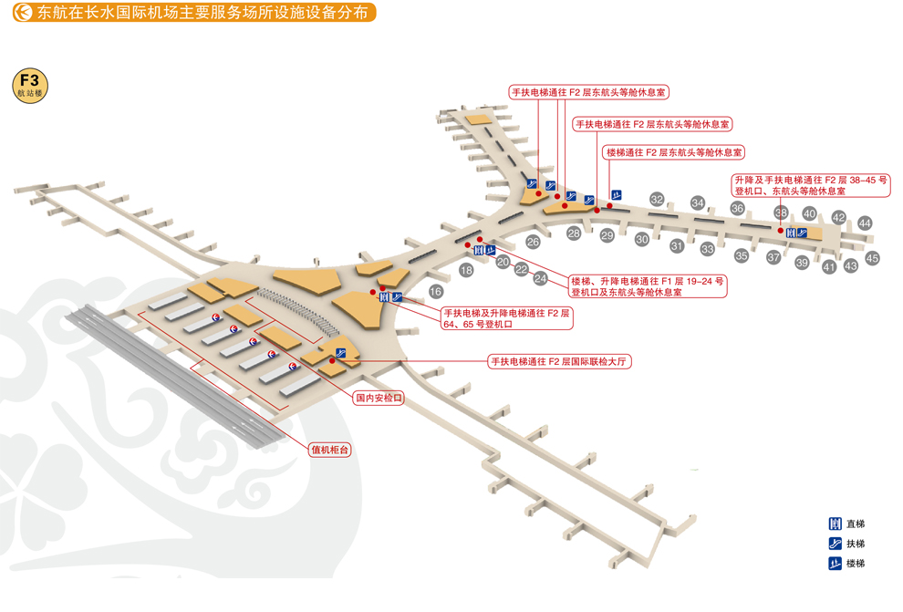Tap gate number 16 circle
click(x=436, y=292)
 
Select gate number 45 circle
click(x=872, y=258)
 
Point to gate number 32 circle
click(x=657, y=199)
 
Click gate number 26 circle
click(x=533, y=242)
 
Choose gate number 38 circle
click(x=781, y=213)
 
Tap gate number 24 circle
click(x=540, y=278)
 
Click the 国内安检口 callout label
click(x=379, y=399)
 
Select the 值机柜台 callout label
click(x=330, y=449)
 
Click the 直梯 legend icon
click(x=834, y=524)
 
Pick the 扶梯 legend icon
click(x=834, y=544)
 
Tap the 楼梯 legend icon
click(x=834, y=564)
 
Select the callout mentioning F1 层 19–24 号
click(x=647, y=286)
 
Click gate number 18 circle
click(x=466, y=270)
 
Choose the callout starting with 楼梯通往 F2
click(x=673, y=152)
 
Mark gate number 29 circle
click(x=607, y=235)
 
